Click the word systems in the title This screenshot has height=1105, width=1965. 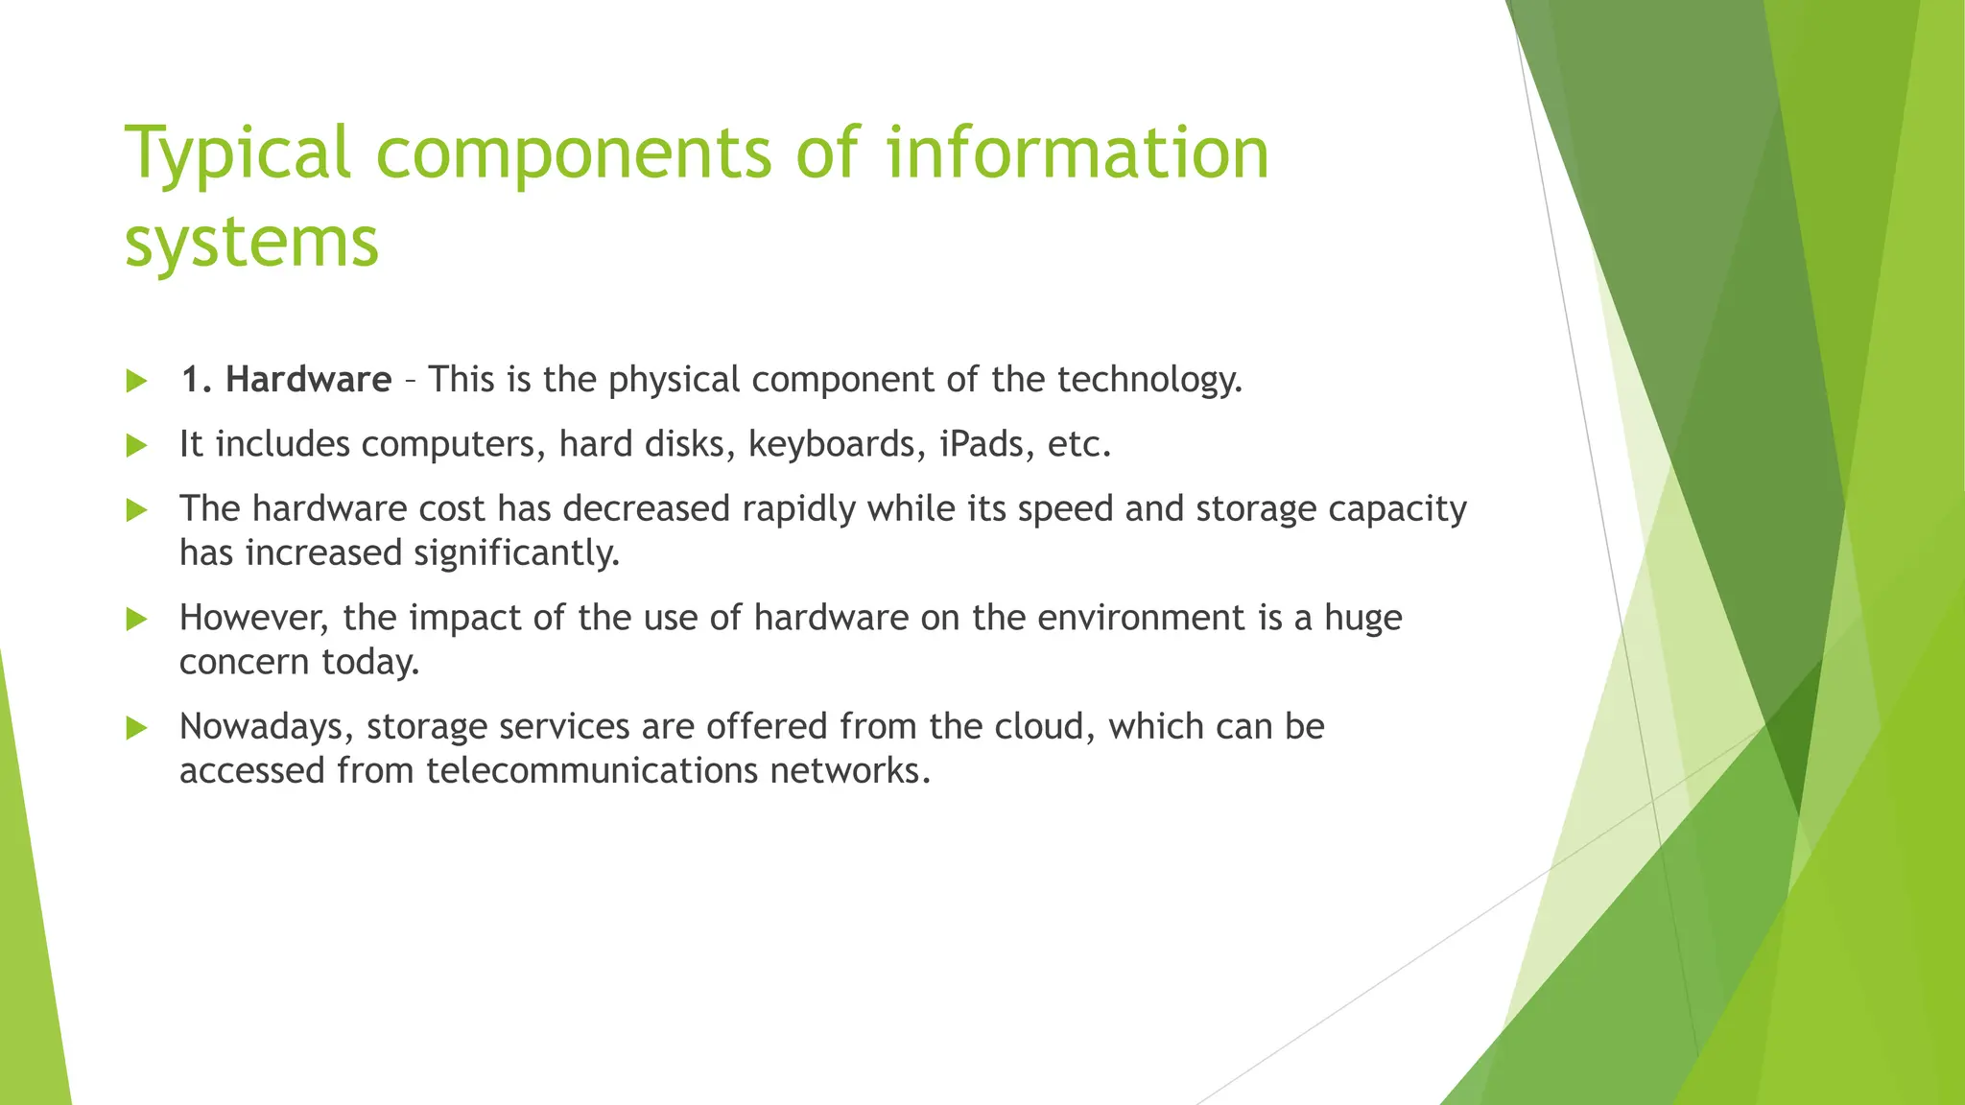[252, 242]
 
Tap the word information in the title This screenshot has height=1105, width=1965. [1077, 153]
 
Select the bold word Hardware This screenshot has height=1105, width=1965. [308, 380]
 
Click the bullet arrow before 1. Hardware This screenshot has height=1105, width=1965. [136, 382]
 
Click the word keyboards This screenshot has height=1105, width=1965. [831, 445]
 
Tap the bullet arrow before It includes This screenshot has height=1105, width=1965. [136, 446]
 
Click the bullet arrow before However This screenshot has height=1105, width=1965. [136, 620]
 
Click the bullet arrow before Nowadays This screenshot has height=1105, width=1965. [136, 729]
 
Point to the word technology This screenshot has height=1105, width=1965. [1149, 380]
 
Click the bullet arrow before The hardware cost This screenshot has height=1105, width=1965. [136, 510]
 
